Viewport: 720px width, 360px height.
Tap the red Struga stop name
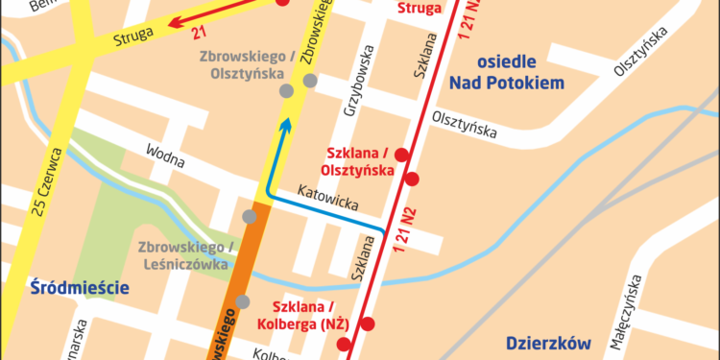(420, 9)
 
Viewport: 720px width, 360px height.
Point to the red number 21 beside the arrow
(199, 34)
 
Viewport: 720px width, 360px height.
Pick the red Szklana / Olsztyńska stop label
(357, 162)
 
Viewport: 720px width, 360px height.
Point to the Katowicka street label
(327, 198)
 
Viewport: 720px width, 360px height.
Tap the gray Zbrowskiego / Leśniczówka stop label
(184, 254)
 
